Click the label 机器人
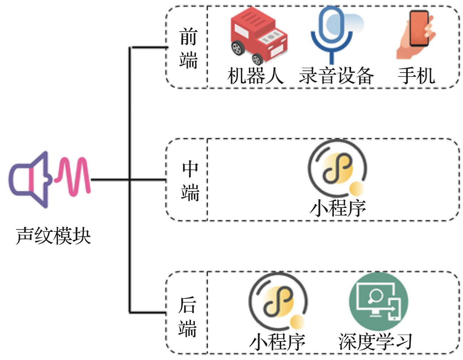pos(255,75)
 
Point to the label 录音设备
pos(336,75)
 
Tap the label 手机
pos(416,75)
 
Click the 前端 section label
pos(188,48)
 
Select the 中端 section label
pos(190,181)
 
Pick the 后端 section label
pos(187,316)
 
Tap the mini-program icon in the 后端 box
pos(278,302)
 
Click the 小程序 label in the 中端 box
pos(338,208)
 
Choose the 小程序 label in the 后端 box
pos(277,341)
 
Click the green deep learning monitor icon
pos(378,301)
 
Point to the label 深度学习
pos(375,341)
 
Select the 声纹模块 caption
pos(53,236)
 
